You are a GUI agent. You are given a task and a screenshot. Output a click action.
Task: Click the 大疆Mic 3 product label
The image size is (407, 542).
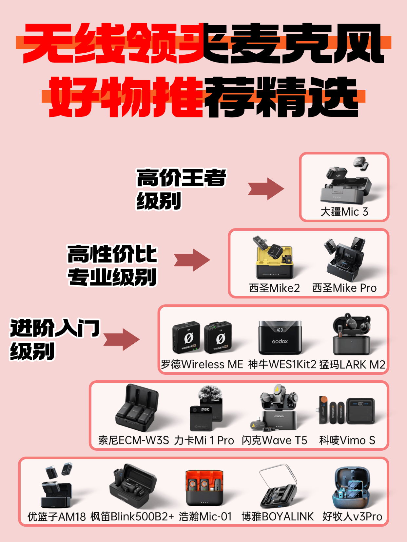point(344,212)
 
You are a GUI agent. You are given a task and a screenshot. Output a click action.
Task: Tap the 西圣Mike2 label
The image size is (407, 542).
point(274,288)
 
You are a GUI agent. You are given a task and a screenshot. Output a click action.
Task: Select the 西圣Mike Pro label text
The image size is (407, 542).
point(344,288)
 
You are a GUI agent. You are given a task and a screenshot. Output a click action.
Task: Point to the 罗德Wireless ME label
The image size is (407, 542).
point(202,364)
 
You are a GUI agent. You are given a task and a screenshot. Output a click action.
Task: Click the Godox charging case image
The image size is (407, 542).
point(280,337)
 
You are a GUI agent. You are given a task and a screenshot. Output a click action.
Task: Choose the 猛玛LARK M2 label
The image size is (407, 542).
point(352,364)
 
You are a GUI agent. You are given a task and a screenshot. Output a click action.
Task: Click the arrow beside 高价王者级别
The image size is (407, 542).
point(266,189)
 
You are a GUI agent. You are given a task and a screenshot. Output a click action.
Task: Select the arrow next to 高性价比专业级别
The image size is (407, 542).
point(192,260)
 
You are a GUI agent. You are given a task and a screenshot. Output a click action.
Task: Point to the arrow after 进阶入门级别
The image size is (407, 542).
point(122,339)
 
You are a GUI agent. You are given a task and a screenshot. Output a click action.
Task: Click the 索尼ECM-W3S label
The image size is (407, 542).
point(133,440)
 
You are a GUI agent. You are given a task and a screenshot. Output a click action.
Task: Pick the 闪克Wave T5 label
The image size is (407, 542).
point(274,440)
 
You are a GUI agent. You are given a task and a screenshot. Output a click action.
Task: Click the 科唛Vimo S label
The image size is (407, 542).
point(347,440)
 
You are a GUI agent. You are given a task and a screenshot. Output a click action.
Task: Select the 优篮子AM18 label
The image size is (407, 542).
point(56,516)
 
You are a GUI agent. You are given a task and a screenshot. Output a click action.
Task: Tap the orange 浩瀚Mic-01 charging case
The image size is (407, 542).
point(204,488)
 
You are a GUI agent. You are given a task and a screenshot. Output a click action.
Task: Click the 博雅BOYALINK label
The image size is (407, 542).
point(278,516)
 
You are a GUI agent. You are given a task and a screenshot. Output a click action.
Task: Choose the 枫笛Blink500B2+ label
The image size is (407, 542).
point(132,516)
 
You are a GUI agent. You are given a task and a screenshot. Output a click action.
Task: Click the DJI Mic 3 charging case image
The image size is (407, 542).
point(346,190)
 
